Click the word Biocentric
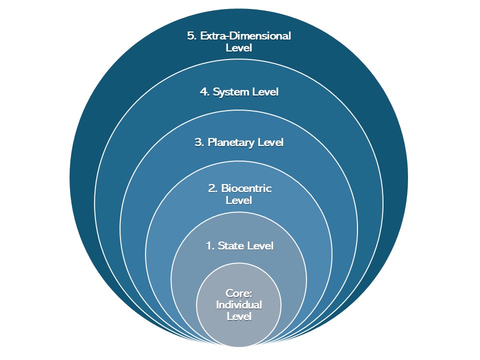246,188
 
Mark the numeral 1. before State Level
210,245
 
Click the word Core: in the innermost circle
239,293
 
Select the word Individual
239,304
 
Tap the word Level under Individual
239,316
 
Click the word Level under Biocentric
239,200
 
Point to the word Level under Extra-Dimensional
239,48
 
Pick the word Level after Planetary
270,142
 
